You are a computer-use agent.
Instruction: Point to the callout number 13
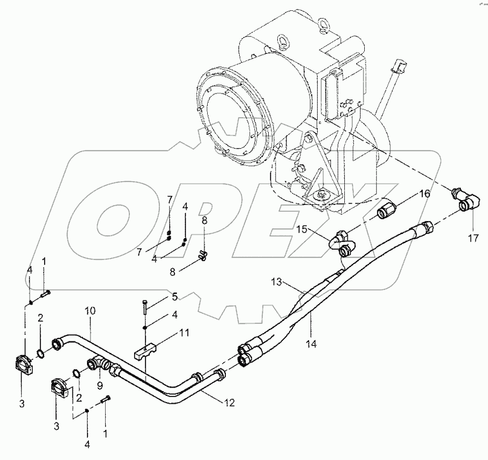[x=276, y=281]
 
